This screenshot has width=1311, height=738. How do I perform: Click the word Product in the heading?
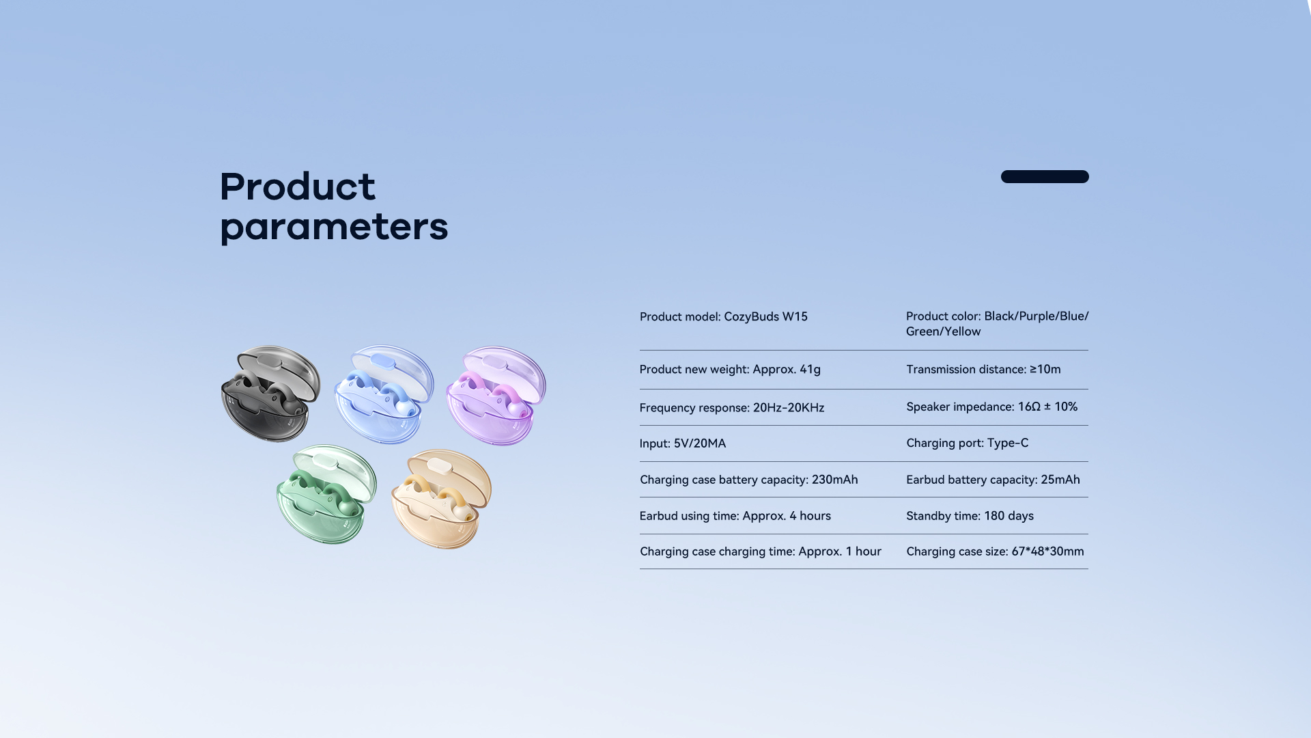click(x=298, y=186)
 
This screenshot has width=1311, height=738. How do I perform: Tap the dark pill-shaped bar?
click(x=1045, y=176)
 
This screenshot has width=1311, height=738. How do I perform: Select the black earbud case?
click(x=271, y=393)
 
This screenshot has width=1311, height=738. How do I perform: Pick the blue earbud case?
click(x=384, y=394)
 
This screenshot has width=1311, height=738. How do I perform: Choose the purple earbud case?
click(x=496, y=396)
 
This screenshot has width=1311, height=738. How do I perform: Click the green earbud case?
click(x=326, y=494)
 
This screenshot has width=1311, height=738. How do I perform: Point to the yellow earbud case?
click(x=441, y=499)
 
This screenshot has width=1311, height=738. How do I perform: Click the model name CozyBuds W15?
click(x=765, y=316)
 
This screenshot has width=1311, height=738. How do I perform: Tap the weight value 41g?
click(x=810, y=370)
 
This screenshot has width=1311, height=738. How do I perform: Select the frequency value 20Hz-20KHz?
click(x=789, y=408)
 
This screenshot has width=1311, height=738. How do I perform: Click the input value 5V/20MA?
click(x=700, y=443)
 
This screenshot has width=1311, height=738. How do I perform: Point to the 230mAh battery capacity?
click(x=834, y=480)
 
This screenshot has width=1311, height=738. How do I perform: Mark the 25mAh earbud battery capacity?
click(x=1060, y=480)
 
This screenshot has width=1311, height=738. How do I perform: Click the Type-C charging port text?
click(x=1008, y=443)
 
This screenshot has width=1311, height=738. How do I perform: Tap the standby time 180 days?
click(x=1009, y=516)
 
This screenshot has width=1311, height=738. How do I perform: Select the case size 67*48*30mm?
click(x=1047, y=551)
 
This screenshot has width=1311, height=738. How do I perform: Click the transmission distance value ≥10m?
click(x=1045, y=369)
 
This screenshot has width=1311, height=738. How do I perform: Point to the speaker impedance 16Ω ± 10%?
click(x=1047, y=407)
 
